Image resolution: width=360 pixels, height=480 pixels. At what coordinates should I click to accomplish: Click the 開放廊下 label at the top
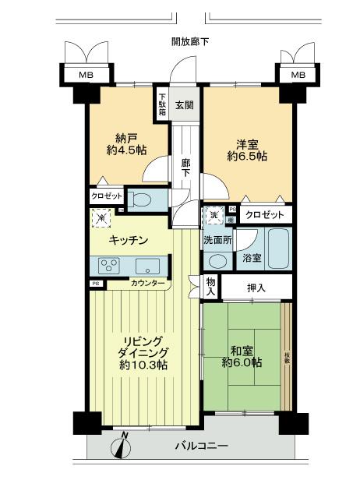point(190,41)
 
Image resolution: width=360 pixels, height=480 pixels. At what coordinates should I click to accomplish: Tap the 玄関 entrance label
point(184,106)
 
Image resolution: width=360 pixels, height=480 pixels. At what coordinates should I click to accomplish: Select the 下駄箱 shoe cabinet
point(162,102)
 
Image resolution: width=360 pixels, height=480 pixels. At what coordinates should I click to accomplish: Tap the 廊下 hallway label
point(185,168)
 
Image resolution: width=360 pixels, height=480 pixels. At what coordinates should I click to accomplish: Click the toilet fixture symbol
point(139,199)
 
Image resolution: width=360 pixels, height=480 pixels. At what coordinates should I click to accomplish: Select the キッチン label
point(129,241)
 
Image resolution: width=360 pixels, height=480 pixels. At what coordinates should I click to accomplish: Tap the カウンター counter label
point(147,283)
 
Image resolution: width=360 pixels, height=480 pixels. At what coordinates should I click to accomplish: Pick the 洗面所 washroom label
point(217,240)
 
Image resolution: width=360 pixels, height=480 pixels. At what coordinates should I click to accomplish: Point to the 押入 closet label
point(256,288)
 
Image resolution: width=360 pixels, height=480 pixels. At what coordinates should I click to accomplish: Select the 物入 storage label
point(210,287)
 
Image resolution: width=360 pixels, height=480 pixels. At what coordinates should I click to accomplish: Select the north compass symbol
point(121,445)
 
